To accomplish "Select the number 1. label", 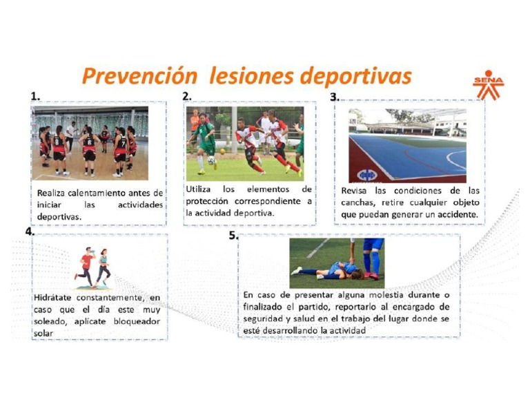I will click(x=35, y=96).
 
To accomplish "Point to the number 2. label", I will click(x=187, y=96).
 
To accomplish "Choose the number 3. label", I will click(x=335, y=97).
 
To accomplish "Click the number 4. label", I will click(x=30, y=231).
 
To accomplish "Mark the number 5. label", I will click(x=233, y=236).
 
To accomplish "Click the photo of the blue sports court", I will click(x=407, y=145).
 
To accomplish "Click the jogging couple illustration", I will click(x=92, y=267).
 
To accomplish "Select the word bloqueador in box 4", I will click(x=135, y=321).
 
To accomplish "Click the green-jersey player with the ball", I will click(x=206, y=142).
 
